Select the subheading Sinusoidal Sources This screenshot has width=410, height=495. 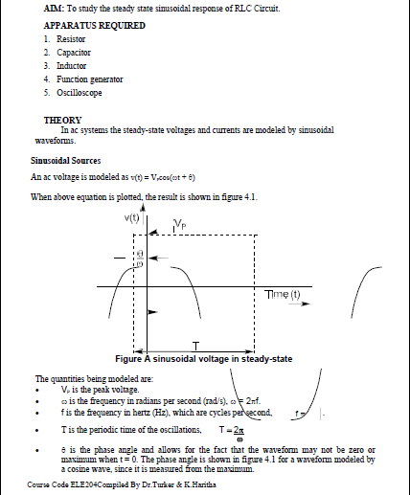pos(72,161)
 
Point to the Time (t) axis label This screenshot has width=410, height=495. pos(283,294)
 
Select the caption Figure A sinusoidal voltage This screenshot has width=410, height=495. pos(202,359)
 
